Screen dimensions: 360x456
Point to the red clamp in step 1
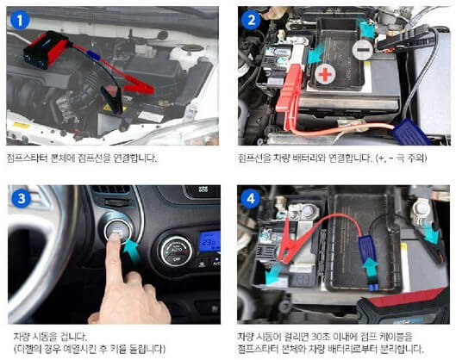click(x=134, y=84)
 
